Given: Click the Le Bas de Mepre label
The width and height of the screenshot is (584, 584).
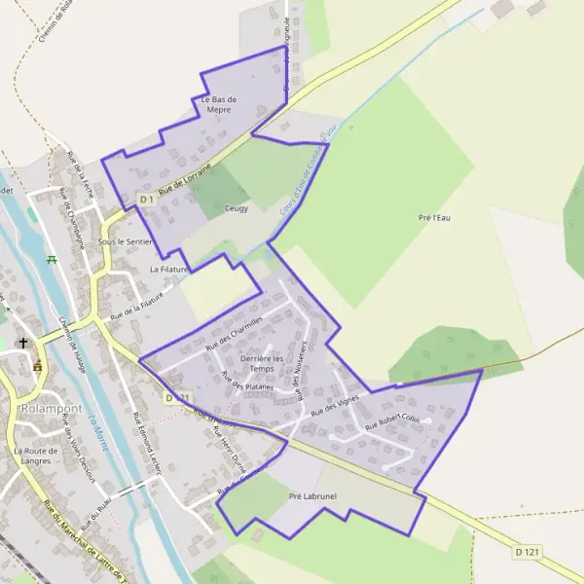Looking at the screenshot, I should click(219, 105).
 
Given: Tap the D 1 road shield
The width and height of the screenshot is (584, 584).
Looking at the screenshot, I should click(146, 200).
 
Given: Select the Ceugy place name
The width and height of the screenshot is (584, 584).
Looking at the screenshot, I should click(237, 208).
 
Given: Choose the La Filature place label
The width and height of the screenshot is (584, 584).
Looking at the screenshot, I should click(167, 268).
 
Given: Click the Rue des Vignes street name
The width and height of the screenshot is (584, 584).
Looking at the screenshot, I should click(335, 406).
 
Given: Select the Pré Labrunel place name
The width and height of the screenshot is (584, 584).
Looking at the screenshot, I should click(312, 496).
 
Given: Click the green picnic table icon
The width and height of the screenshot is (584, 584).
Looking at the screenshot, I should click(52, 260).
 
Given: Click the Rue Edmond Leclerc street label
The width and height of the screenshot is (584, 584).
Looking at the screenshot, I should click(145, 444).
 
